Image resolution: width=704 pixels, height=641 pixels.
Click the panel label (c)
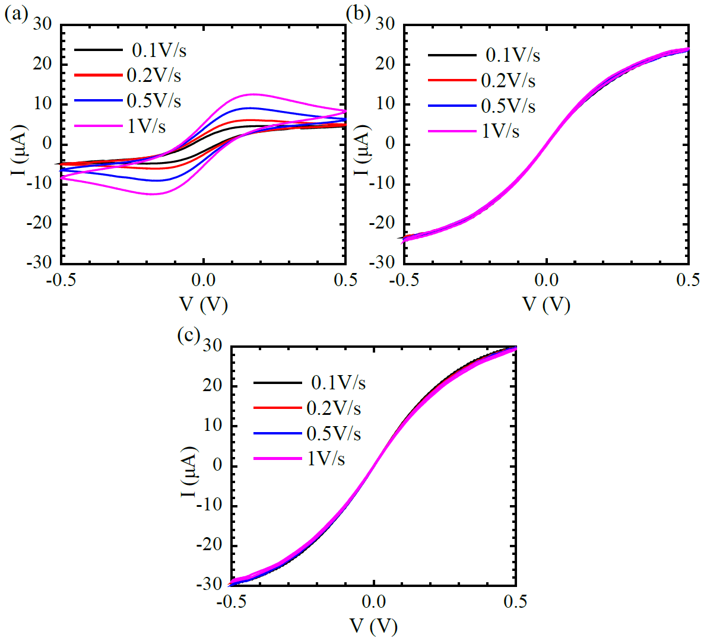tap(188, 335)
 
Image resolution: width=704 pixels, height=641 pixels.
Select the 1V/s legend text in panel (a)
tap(147, 126)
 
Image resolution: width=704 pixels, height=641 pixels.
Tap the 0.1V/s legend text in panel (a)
tap(159, 50)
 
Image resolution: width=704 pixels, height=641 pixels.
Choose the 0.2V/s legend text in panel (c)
tap(334, 408)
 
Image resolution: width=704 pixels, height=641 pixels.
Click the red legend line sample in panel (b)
tap(452, 80)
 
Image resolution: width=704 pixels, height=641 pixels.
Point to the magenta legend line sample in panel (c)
tap(277, 459)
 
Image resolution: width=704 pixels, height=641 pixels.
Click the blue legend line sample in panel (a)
tap(98, 101)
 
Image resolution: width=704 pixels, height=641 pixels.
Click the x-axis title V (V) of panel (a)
tap(204, 304)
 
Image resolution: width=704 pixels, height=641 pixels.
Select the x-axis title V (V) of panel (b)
tap(546, 304)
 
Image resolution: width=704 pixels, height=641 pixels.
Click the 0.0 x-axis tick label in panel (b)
tap(546, 280)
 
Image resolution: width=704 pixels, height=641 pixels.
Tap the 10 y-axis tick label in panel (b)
tap(386, 104)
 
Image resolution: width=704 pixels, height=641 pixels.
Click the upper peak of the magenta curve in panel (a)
tap(253, 94)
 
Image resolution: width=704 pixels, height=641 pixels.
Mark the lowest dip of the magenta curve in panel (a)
tap(152, 194)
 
